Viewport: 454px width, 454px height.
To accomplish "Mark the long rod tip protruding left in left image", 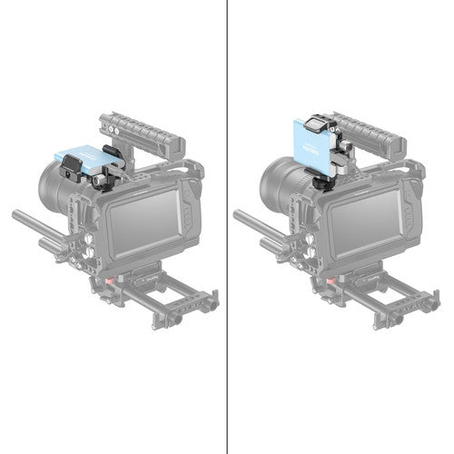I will pos(16,215).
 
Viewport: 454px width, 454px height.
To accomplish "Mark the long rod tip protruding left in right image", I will pos(238,215).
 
